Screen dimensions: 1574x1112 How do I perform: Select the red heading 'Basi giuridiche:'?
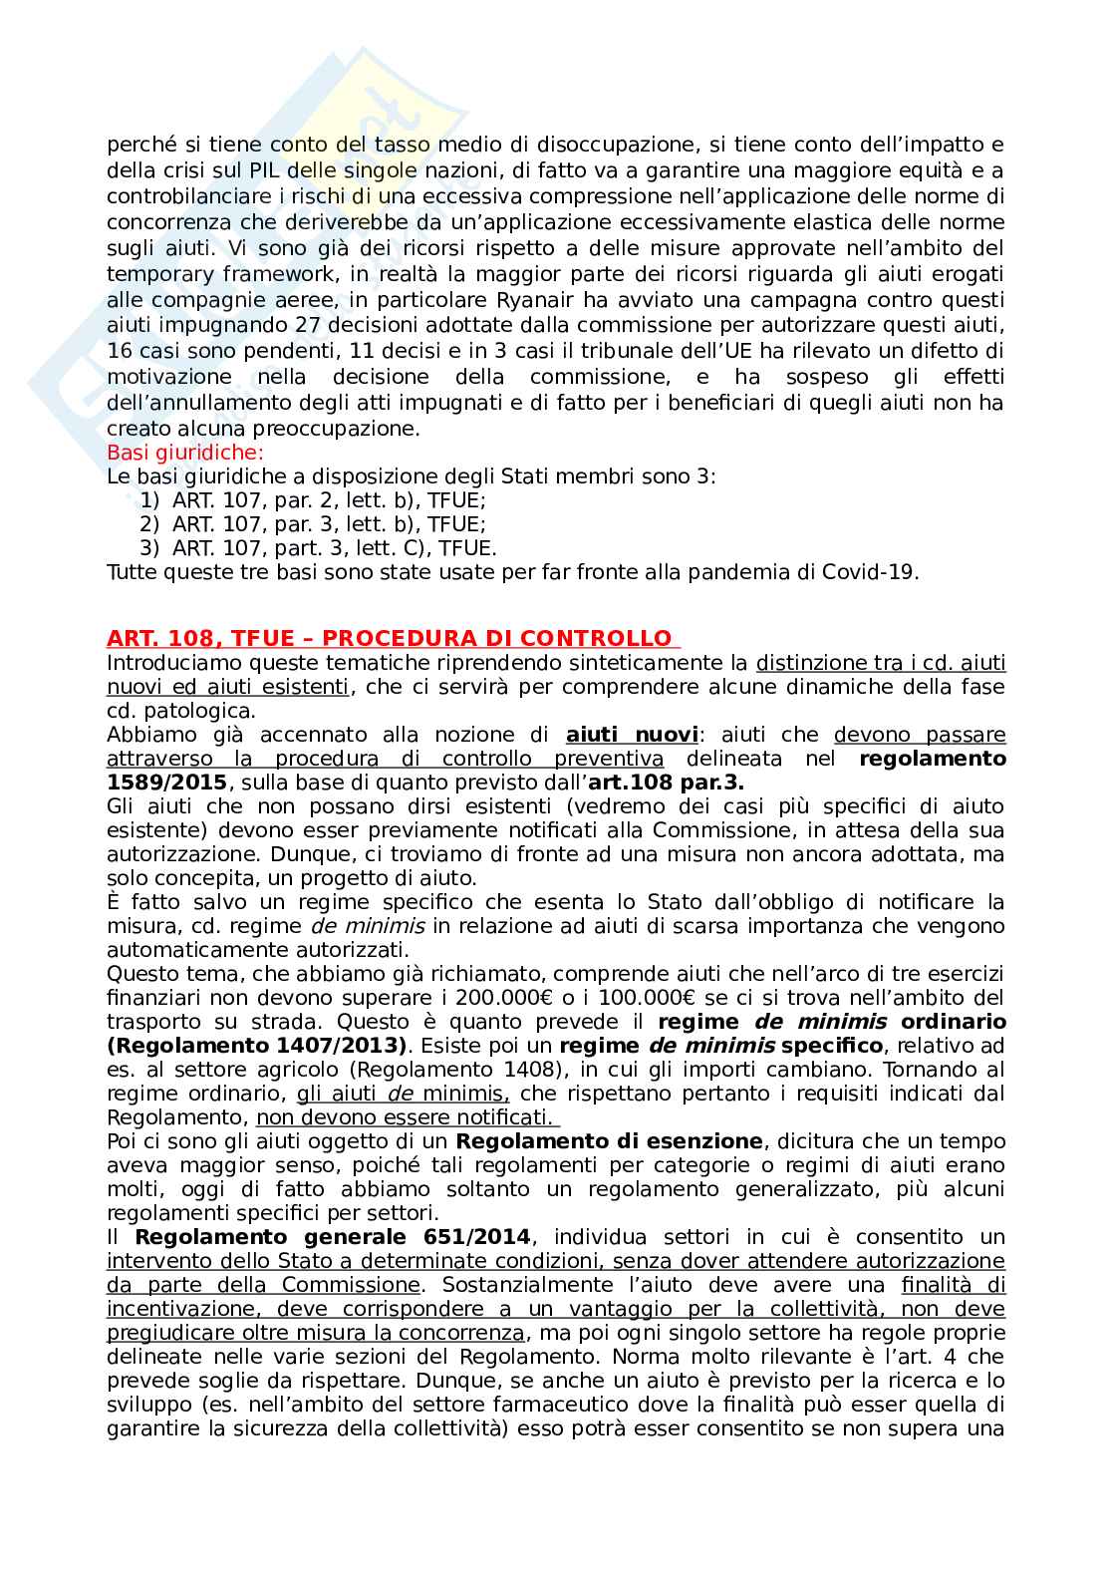coord(185,454)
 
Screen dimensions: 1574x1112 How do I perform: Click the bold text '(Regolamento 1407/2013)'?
coord(258,1046)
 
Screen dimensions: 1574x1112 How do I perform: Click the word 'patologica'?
coord(204,711)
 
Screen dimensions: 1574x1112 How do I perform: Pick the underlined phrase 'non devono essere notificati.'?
coord(404,1116)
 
